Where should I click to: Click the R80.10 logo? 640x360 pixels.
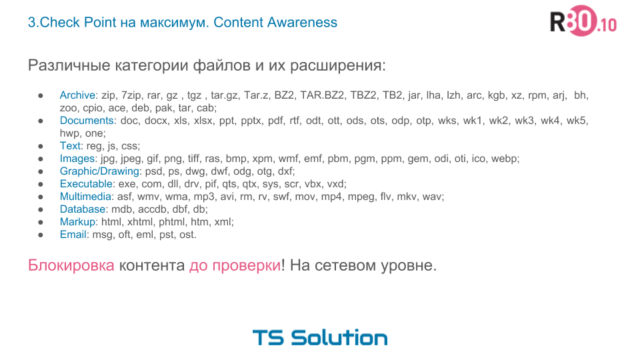click(x=583, y=23)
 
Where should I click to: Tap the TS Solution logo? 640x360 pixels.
click(x=319, y=337)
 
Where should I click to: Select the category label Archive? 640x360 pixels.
click(x=78, y=95)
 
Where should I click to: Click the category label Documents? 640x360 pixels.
click(x=87, y=121)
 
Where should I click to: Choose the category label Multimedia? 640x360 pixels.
click(x=87, y=197)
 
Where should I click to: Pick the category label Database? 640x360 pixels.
click(x=83, y=209)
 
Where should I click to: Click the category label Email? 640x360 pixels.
click(x=73, y=235)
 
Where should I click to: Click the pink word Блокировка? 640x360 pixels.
click(x=71, y=265)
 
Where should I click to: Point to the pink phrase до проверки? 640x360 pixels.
click(x=235, y=265)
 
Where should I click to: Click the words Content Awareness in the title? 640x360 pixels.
click(x=275, y=22)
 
